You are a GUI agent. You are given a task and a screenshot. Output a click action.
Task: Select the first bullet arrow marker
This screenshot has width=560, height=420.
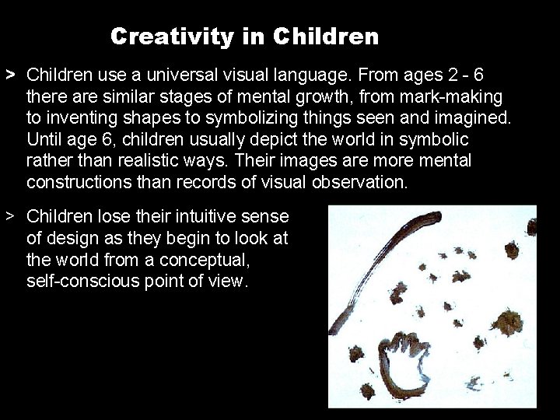click(x=10, y=75)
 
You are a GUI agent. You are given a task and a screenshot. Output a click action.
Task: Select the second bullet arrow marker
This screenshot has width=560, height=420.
click(x=10, y=215)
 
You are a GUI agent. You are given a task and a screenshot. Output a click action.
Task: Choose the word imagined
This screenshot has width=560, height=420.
click(x=464, y=119)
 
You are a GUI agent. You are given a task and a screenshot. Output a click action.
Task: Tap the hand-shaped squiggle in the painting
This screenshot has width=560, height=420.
click(x=404, y=362)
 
